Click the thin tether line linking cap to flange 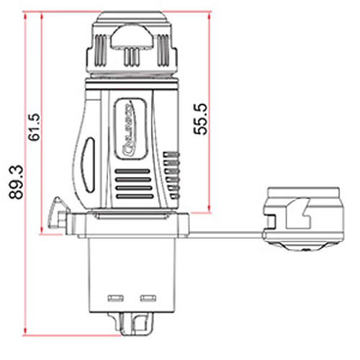point(223,234)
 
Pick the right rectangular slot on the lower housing point(149,297)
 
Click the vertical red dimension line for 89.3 point(25,173)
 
